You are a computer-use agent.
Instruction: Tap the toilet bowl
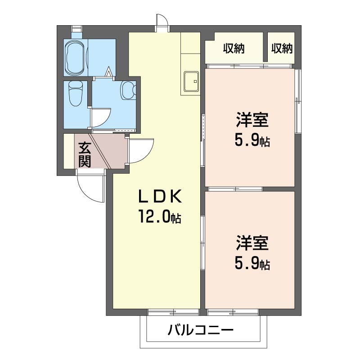[76, 94]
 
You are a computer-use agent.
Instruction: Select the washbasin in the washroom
[129, 90]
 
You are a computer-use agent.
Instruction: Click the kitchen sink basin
[191, 81]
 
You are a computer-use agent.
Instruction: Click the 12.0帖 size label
[160, 217]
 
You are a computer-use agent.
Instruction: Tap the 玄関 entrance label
[85, 155]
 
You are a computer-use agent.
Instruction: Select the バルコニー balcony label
[200, 331]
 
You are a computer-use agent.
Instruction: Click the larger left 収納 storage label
[234, 49]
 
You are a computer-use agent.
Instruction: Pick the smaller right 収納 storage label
[282, 49]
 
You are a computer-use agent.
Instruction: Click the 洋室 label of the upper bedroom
[252, 119]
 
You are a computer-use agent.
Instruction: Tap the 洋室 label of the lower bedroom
[252, 243]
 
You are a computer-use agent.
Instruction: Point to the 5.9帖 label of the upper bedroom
[252, 140]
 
